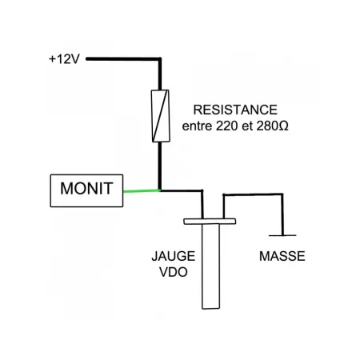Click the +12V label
[x=64, y=58]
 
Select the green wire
[x=142, y=191]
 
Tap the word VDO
[x=170, y=272]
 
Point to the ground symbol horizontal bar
[x=282, y=235]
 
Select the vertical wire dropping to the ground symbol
[x=282, y=214]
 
